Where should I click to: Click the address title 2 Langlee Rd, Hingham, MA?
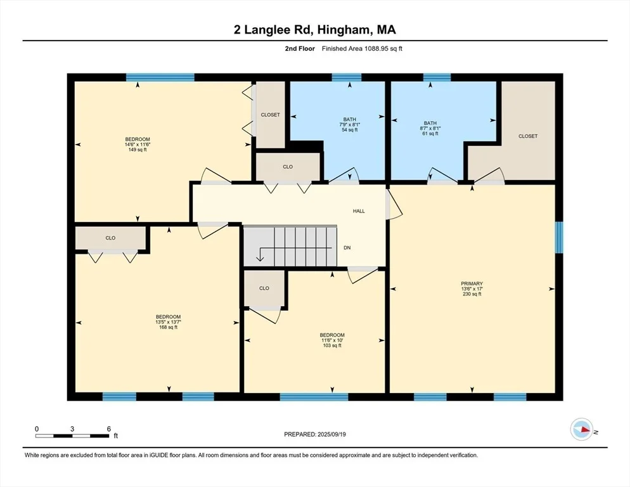pyautogui.click(x=314, y=29)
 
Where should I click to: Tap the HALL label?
pyautogui.click(x=359, y=211)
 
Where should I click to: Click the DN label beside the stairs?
pyautogui.click(x=347, y=248)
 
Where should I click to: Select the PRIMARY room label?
pyautogui.click(x=472, y=283)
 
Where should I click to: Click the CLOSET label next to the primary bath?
pyautogui.click(x=528, y=136)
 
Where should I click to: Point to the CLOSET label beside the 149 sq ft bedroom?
pyautogui.click(x=271, y=115)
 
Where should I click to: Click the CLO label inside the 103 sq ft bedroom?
pyautogui.click(x=264, y=288)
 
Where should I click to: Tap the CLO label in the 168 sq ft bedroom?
pyautogui.click(x=110, y=238)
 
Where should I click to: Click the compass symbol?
pyautogui.click(x=581, y=429)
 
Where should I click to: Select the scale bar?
pyautogui.click(x=72, y=436)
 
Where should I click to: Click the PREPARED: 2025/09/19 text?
pyautogui.click(x=315, y=434)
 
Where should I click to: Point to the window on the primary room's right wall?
pyautogui.click(x=559, y=237)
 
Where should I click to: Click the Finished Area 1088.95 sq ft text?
pyautogui.click(x=362, y=49)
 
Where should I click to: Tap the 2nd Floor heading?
pyautogui.click(x=300, y=49)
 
